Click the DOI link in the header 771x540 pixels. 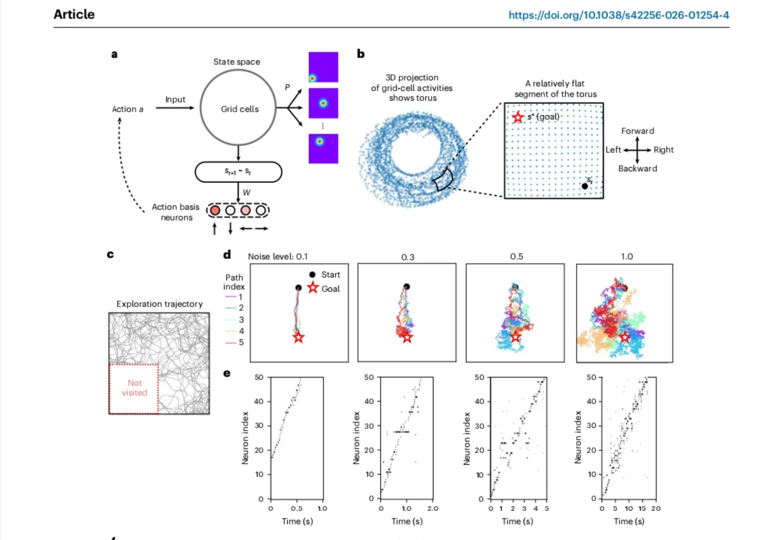coord(619,15)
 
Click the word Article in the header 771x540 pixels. coord(74,14)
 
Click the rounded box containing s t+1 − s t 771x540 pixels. coord(238,172)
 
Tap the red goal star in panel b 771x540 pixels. coord(518,117)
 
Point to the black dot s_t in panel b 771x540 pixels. coord(585,186)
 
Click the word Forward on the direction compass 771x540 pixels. coord(638,131)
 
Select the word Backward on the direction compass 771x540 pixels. coord(638,168)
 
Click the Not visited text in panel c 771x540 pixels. coord(134,388)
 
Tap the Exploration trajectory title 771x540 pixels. coord(159,304)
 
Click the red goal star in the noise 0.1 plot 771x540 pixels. coord(298,337)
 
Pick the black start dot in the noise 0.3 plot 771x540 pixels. coord(407,286)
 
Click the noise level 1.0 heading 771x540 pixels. coord(627,256)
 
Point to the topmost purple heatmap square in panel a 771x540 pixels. coord(323,67)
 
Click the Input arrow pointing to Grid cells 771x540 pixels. coord(175,108)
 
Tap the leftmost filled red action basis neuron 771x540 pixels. coord(215,210)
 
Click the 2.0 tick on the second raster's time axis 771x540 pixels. coord(433,508)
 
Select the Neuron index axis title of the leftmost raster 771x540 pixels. coord(245,437)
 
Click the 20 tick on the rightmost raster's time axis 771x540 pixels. coord(656,508)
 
